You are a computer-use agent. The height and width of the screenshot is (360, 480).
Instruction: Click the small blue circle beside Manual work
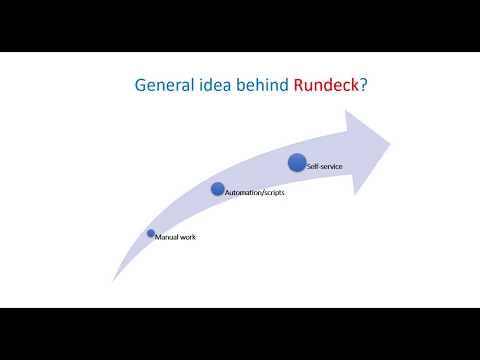(x=151, y=233)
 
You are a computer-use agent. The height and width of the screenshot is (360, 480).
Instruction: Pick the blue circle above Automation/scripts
(x=218, y=188)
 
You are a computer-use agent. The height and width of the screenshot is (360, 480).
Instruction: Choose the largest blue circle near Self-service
(x=297, y=160)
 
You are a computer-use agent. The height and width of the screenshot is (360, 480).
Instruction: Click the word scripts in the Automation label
(x=273, y=193)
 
